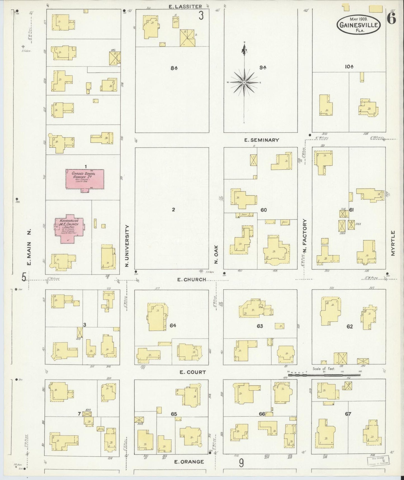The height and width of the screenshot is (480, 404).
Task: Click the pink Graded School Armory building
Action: click(85, 179)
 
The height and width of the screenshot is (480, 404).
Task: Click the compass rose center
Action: click(244, 83)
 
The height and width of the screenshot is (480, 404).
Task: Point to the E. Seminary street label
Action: click(262, 140)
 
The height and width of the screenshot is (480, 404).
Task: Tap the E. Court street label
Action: click(193, 372)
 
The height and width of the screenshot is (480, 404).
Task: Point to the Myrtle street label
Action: click(393, 243)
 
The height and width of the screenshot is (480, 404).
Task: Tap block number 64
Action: click(173, 326)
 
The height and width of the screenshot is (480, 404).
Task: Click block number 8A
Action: click(174, 68)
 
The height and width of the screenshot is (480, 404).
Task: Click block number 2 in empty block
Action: click(173, 209)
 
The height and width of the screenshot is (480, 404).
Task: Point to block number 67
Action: click(348, 414)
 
